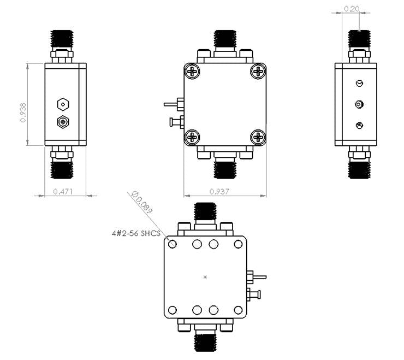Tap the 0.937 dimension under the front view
[x=219, y=191]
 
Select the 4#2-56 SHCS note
[x=136, y=233]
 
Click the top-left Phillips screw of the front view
[x=193, y=72]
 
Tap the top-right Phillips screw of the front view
[x=258, y=72]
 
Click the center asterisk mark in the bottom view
[x=205, y=277]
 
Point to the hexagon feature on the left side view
[x=63, y=104]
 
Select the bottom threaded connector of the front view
[x=225, y=166]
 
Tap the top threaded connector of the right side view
[x=359, y=38]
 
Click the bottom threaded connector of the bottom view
[x=205, y=342]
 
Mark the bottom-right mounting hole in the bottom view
[x=239, y=310]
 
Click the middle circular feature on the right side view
[x=359, y=104]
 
